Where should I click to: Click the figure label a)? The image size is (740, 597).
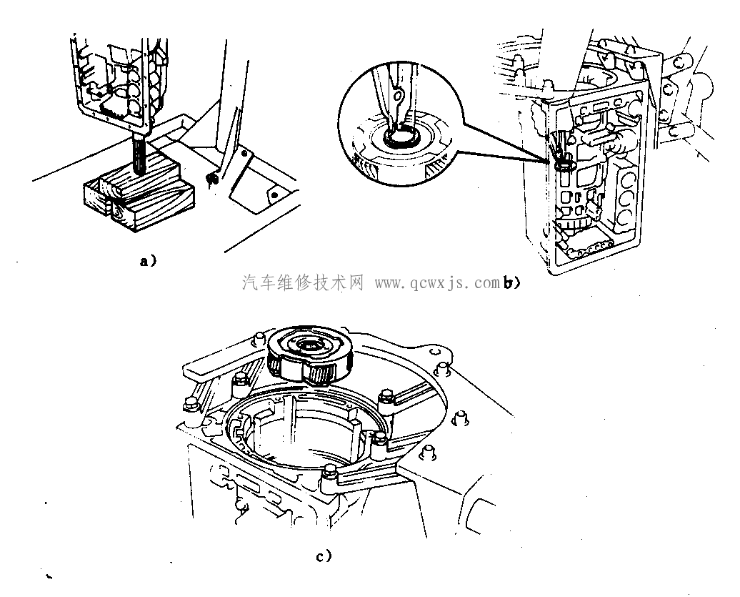pos(148,261)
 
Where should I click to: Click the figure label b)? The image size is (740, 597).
pos(511,283)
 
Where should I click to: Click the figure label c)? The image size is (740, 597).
pos(324,556)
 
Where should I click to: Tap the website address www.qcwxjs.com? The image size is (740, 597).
pos(437,283)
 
